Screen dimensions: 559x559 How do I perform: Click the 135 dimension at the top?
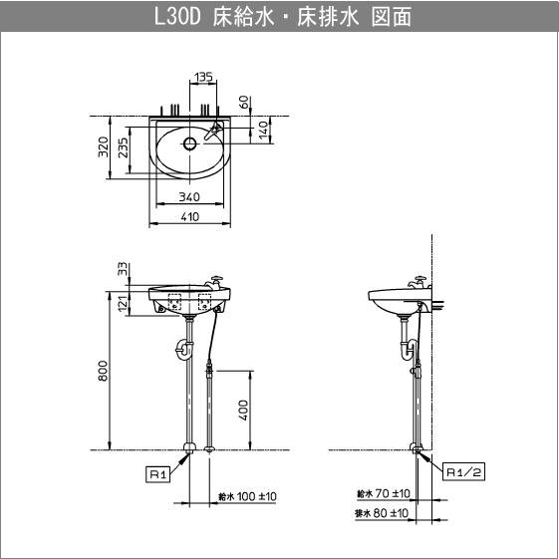203,76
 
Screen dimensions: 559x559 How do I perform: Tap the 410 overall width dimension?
189,216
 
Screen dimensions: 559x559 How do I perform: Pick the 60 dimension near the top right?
245,103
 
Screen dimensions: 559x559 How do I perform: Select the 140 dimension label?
264,130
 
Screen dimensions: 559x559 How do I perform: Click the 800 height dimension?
103,370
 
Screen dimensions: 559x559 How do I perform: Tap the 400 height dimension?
243,410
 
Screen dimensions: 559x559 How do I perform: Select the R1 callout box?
157,474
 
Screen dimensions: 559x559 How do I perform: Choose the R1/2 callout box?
464,472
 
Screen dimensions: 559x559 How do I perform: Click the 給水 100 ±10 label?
246,495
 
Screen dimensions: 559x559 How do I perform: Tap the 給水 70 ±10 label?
384,493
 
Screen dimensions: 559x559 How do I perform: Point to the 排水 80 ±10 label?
384,513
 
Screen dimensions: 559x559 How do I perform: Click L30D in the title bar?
179,18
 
